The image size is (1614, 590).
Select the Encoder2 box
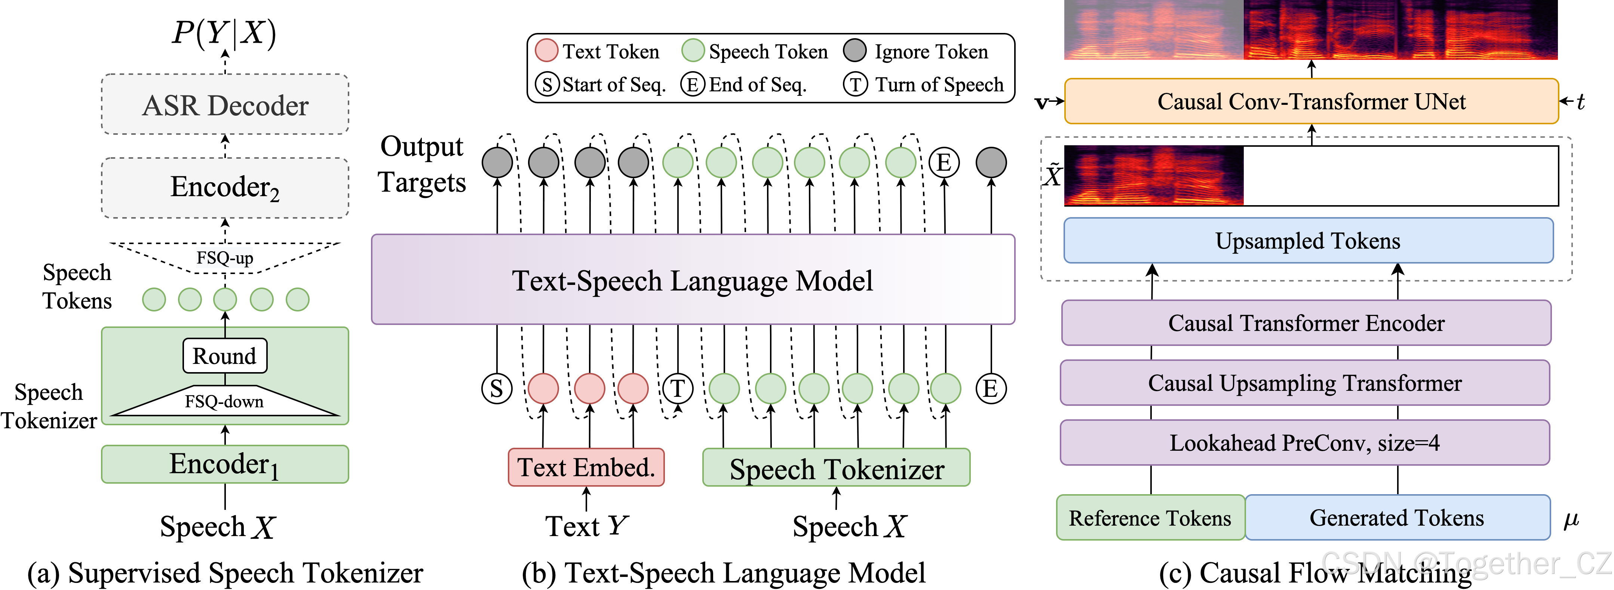[225, 188]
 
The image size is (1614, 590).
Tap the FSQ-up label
[225, 258]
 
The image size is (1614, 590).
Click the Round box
[225, 356]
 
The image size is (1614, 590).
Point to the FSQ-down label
[224, 401]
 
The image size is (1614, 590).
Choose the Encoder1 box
[225, 464]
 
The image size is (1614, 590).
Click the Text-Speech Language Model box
[692, 280]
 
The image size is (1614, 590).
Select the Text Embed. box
[586, 467]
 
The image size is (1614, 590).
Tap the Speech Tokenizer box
[837, 468]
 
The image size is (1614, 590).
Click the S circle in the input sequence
[497, 389]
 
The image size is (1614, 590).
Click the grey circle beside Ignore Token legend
[854, 50]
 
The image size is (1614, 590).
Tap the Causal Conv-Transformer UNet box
[1311, 101]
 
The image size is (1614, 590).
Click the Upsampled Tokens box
[1308, 241]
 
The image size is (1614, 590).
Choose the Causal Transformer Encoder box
[1306, 323]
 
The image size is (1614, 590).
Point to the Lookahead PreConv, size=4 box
[1304, 442]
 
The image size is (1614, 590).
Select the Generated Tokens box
[1397, 518]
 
